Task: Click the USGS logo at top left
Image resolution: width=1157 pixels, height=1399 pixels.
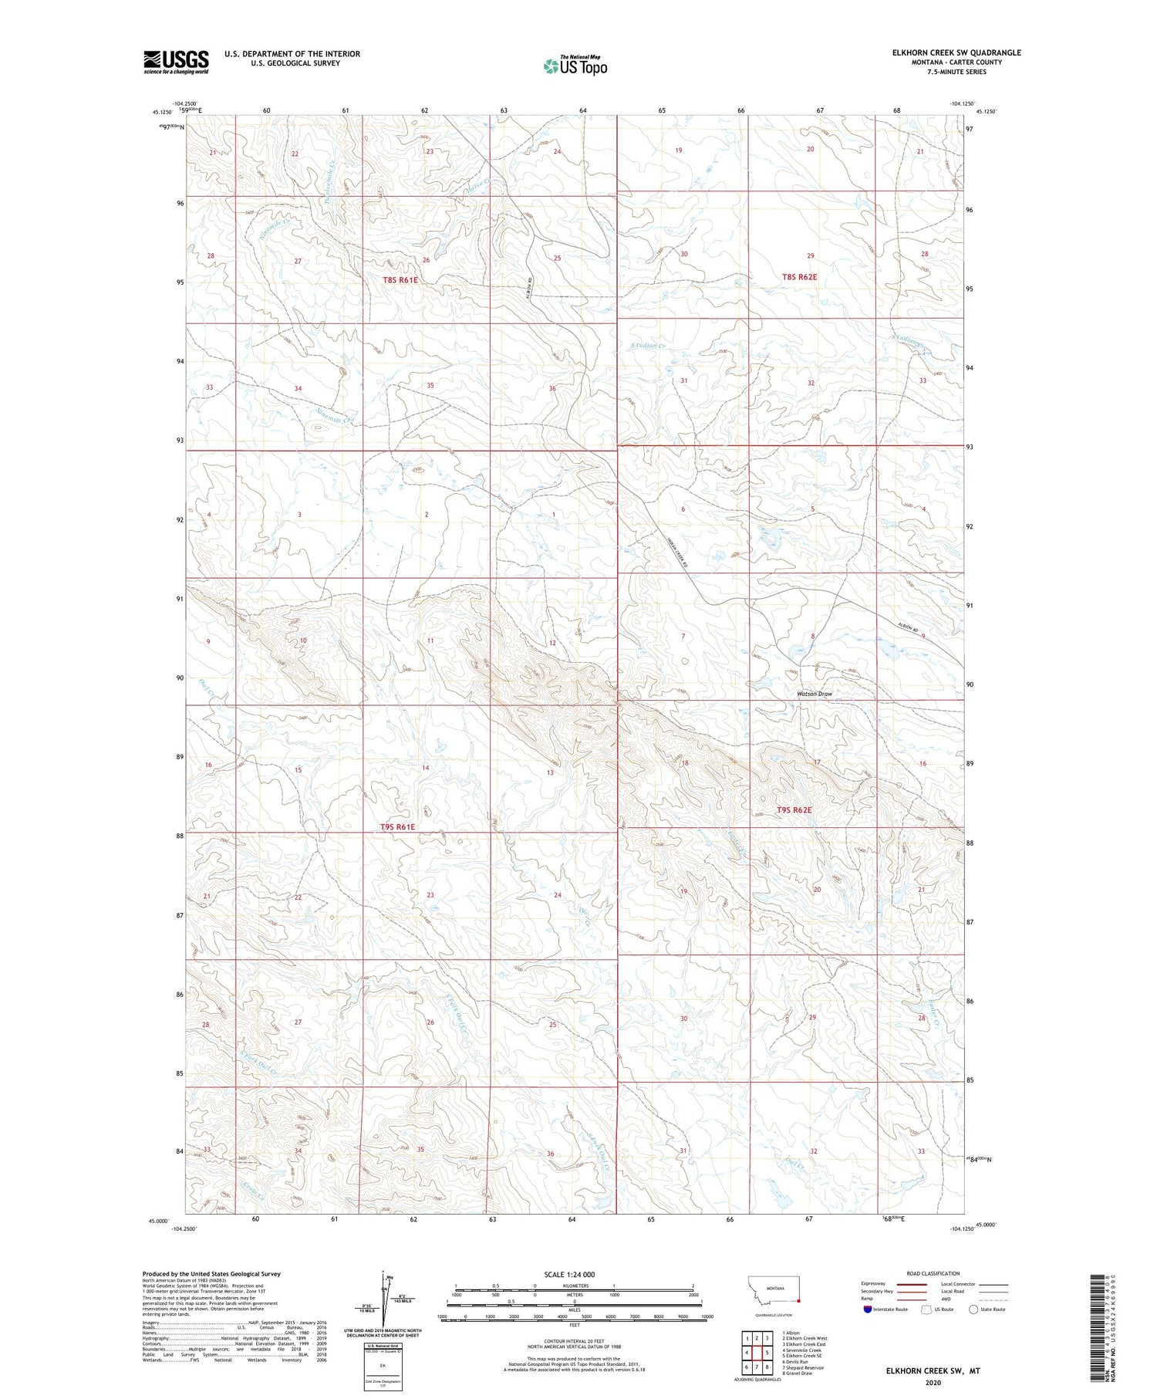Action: click(176, 62)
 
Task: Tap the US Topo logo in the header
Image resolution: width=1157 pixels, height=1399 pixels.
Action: click(575, 66)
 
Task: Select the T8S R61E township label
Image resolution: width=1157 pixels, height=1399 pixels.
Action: click(400, 280)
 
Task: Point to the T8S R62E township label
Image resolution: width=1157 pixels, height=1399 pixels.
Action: click(798, 276)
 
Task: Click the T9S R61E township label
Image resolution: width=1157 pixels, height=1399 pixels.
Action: click(397, 826)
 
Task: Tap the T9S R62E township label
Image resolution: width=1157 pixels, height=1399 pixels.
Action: click(794, 810)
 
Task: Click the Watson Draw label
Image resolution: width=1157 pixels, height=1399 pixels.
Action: click(815, 694)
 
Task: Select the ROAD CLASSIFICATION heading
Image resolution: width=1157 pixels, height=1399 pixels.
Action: click(933, 1273)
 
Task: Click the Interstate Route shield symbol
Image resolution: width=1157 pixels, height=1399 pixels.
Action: click(868, 1309)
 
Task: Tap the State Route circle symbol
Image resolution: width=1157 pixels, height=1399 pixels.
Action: click(974, 1309)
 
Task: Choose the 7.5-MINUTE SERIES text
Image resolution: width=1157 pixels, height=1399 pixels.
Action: click(956, 72)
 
